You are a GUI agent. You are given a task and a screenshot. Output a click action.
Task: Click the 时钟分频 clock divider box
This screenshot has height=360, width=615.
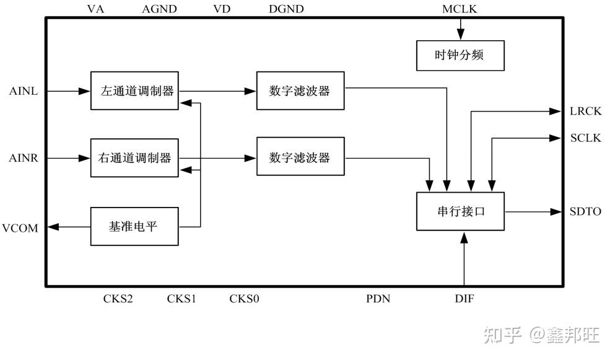[x=460, y=55]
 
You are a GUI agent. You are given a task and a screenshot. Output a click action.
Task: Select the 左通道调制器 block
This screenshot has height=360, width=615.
[x=134, y=91]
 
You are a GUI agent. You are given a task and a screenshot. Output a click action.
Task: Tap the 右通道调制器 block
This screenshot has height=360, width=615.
[x=134, y=158]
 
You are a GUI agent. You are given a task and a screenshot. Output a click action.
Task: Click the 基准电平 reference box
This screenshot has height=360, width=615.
[x=134, y=226]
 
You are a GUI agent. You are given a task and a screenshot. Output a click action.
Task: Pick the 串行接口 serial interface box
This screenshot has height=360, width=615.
[x=460, y=211]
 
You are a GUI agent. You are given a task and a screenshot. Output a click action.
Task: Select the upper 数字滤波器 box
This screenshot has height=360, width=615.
[x=300, y=91]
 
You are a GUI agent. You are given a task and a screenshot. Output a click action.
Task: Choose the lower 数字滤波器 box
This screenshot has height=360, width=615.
[x=300, y=158]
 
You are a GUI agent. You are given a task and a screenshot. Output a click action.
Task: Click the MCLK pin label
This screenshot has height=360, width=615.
[x=460, y=9]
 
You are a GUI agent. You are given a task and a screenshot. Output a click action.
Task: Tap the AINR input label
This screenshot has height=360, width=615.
[x=24, y=159]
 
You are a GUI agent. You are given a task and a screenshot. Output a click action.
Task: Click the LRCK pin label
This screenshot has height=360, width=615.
[x=585, y=112]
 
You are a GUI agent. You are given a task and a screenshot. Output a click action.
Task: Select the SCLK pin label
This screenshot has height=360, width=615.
[x=585, y=138]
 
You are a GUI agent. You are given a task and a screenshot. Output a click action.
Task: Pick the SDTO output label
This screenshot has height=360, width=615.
[x=585, y=212]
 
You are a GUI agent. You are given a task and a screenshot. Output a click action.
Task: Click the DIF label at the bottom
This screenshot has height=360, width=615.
[x=464, y=299]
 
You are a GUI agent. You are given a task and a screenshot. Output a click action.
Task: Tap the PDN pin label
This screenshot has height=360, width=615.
[x=378, y=299]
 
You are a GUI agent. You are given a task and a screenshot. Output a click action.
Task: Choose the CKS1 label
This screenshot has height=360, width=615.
[x=181, y=299]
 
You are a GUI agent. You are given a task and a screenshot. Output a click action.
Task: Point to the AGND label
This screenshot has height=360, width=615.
[x=159, y=9]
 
